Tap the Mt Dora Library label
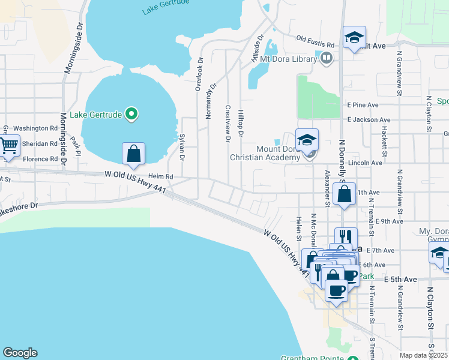(x=288, y=59)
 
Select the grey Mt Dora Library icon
(x=327, y=58)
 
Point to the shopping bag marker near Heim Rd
(x=133, y=154)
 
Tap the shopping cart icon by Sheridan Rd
(x=8, y=146)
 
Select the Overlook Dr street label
(x=200, y=74)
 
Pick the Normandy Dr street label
(x=211, y=100)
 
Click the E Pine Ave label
(x=362, y=104)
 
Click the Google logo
(x=20, y=353)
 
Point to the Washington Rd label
(x=35, y=128)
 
